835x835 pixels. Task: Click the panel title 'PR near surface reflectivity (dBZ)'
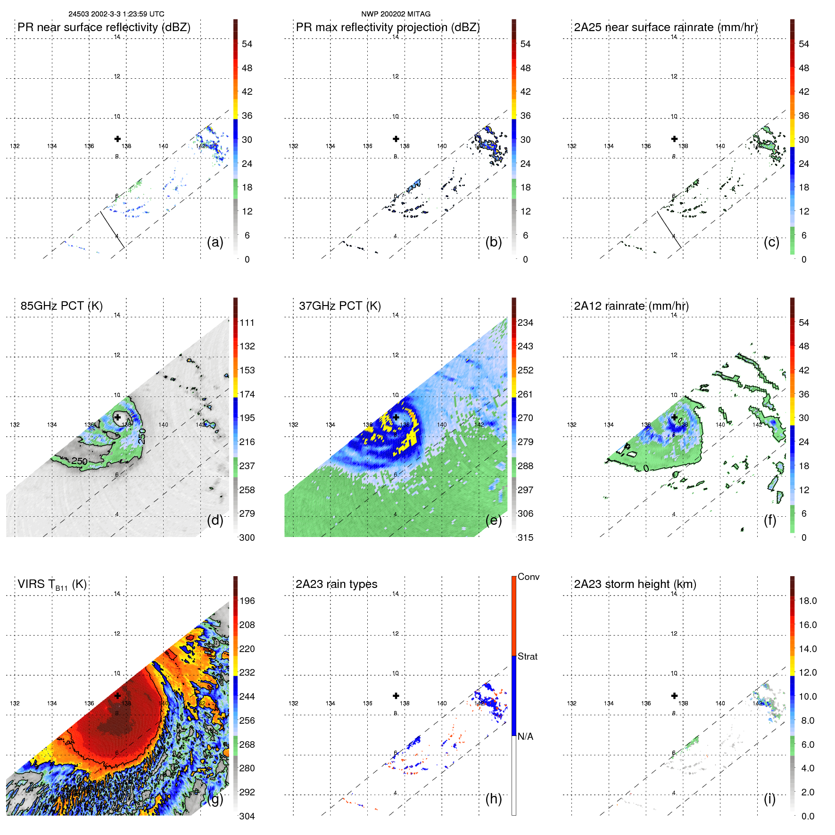coord(104,27)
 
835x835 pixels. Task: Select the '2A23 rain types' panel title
coord(336,584)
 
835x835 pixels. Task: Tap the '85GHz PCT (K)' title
coord(61,306)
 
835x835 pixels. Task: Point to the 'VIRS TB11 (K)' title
coord(52,585)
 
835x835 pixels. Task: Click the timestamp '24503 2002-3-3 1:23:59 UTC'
coord(116,14)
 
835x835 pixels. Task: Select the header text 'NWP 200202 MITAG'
coord(396,14)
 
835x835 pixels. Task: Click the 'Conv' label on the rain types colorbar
coord(528,577)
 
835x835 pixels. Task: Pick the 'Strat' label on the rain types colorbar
coord(527,657)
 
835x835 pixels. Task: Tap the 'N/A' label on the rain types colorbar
coord(525,736)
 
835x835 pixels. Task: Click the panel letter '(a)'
coord(215,242)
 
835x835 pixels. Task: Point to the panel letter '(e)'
coord(493,520)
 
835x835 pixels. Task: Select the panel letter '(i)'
coord(769,799)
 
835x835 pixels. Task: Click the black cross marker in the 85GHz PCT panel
coord(117,417)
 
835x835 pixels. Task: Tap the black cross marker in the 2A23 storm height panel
coord(674,695)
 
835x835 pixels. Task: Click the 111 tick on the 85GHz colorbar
coord(247,323)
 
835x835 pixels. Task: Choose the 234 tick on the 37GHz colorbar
coord(525,323)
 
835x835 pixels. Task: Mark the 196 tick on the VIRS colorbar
coord(247,601)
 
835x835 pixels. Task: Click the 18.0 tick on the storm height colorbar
coord(807,601)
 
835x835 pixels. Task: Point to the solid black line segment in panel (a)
coord(112,230)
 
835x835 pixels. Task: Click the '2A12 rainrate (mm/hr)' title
coord(631,306)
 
